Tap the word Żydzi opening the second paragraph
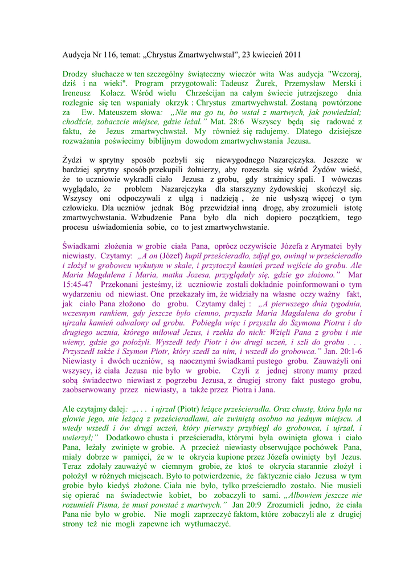73,160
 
